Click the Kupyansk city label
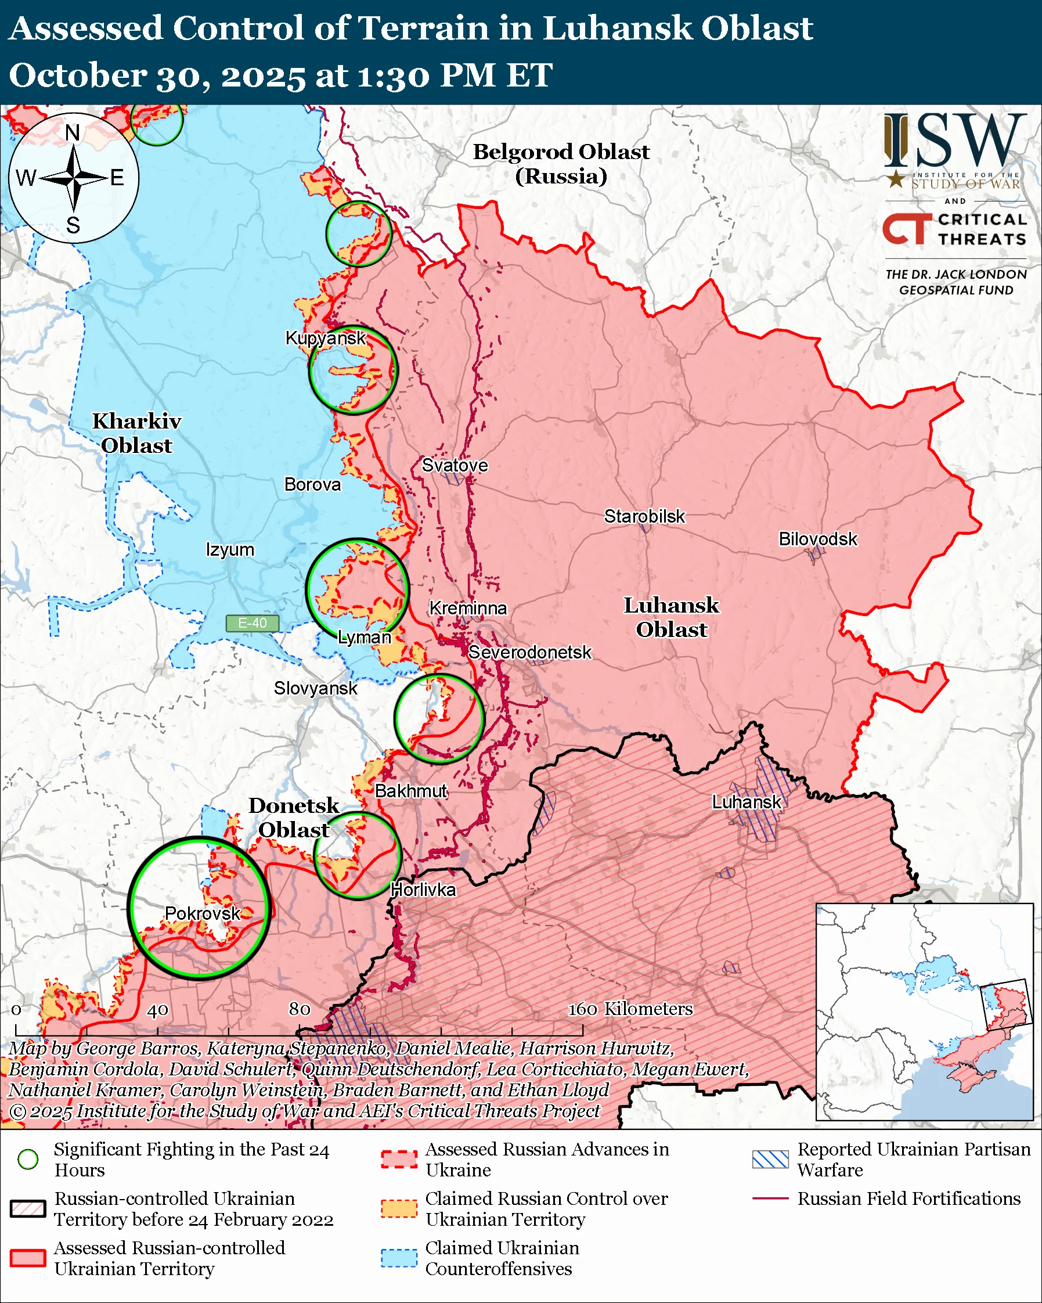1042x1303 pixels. pos(326,338)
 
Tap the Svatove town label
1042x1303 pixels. pos(455,465)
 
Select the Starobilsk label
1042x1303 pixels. pos(644,516)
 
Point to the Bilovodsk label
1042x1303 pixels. pos(817,538)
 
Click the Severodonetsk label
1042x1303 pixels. pos(530,652)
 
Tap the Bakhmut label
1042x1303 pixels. pos(411,790)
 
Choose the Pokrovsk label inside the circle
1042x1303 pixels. pos(203,913)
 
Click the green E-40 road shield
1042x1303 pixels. pos(252,623)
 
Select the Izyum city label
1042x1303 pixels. pos(229,549)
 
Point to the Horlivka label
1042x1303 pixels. pos(423,890)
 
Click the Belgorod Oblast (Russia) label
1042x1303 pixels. pos(561,163)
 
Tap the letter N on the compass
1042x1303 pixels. pos(73,132)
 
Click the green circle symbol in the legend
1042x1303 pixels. pos(28,1159)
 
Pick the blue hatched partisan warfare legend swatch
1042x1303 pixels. pos(770,1159)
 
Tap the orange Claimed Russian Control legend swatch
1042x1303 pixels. pos(399,1209)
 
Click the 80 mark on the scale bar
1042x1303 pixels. pos(300,1009)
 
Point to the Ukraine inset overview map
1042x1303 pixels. pos(924,1012)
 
